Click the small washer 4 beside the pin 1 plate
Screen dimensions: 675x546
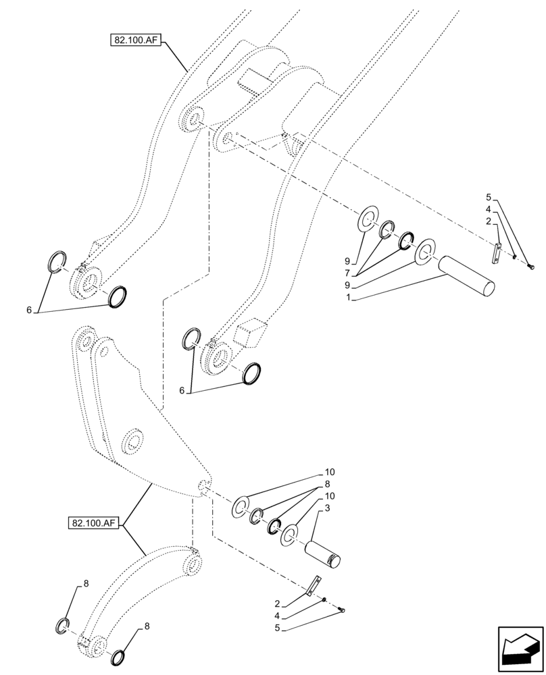[514, 256]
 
